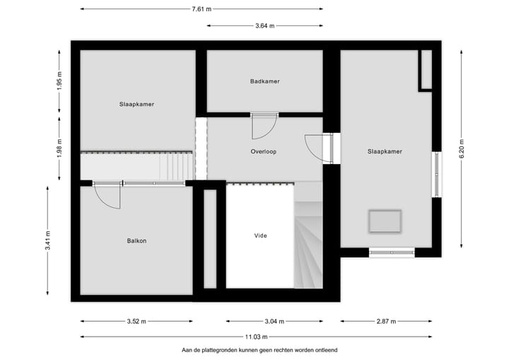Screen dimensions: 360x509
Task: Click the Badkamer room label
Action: (264, 81)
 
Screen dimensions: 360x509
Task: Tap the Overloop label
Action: (263, 151)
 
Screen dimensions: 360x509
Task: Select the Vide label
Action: (260, 236)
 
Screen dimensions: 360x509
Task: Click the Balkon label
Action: (136, 240)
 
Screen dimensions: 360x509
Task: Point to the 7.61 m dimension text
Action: (201, 9)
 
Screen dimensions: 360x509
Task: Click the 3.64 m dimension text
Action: (265, 27)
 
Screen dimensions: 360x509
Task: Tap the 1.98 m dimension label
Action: (59, 149)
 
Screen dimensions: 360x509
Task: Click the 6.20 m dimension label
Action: (461, 149)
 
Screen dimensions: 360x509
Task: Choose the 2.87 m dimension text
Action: (386, 321)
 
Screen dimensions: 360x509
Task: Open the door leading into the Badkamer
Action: (264, 126)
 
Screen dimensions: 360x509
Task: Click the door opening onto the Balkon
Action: (107, 194)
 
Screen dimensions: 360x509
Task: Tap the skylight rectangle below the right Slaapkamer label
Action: (384, 221)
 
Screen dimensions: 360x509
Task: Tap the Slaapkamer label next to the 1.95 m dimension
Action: (136, 104)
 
